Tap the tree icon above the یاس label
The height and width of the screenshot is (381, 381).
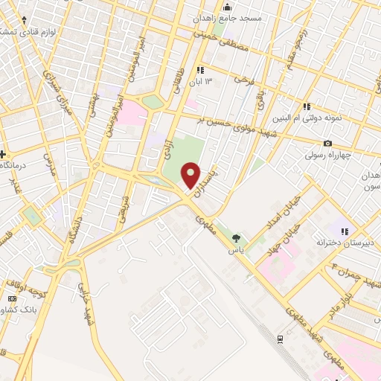tap(237, 238)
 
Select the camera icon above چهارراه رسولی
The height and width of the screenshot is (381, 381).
tap(327, 143)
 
